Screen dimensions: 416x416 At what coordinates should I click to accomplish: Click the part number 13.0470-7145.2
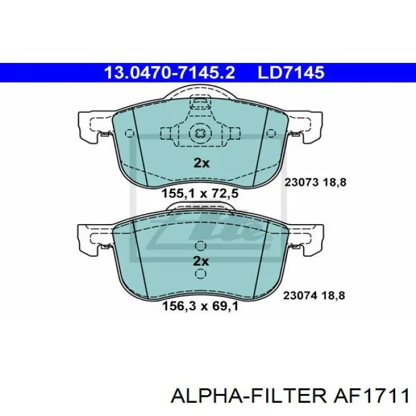(x=169, y=73)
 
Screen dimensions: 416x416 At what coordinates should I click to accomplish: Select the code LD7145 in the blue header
(x=291, y=73)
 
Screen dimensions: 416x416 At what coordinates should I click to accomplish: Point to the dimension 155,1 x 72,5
(x=200, y=193)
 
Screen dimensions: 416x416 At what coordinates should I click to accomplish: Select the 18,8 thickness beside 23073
(x=334, y=183)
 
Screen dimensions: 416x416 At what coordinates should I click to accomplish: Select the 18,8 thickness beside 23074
(x=334, y=294)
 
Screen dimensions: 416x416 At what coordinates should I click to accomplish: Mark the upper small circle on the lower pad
(x=201, y=245)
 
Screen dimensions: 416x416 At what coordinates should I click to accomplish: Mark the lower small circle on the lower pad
(x=201, y=274)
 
